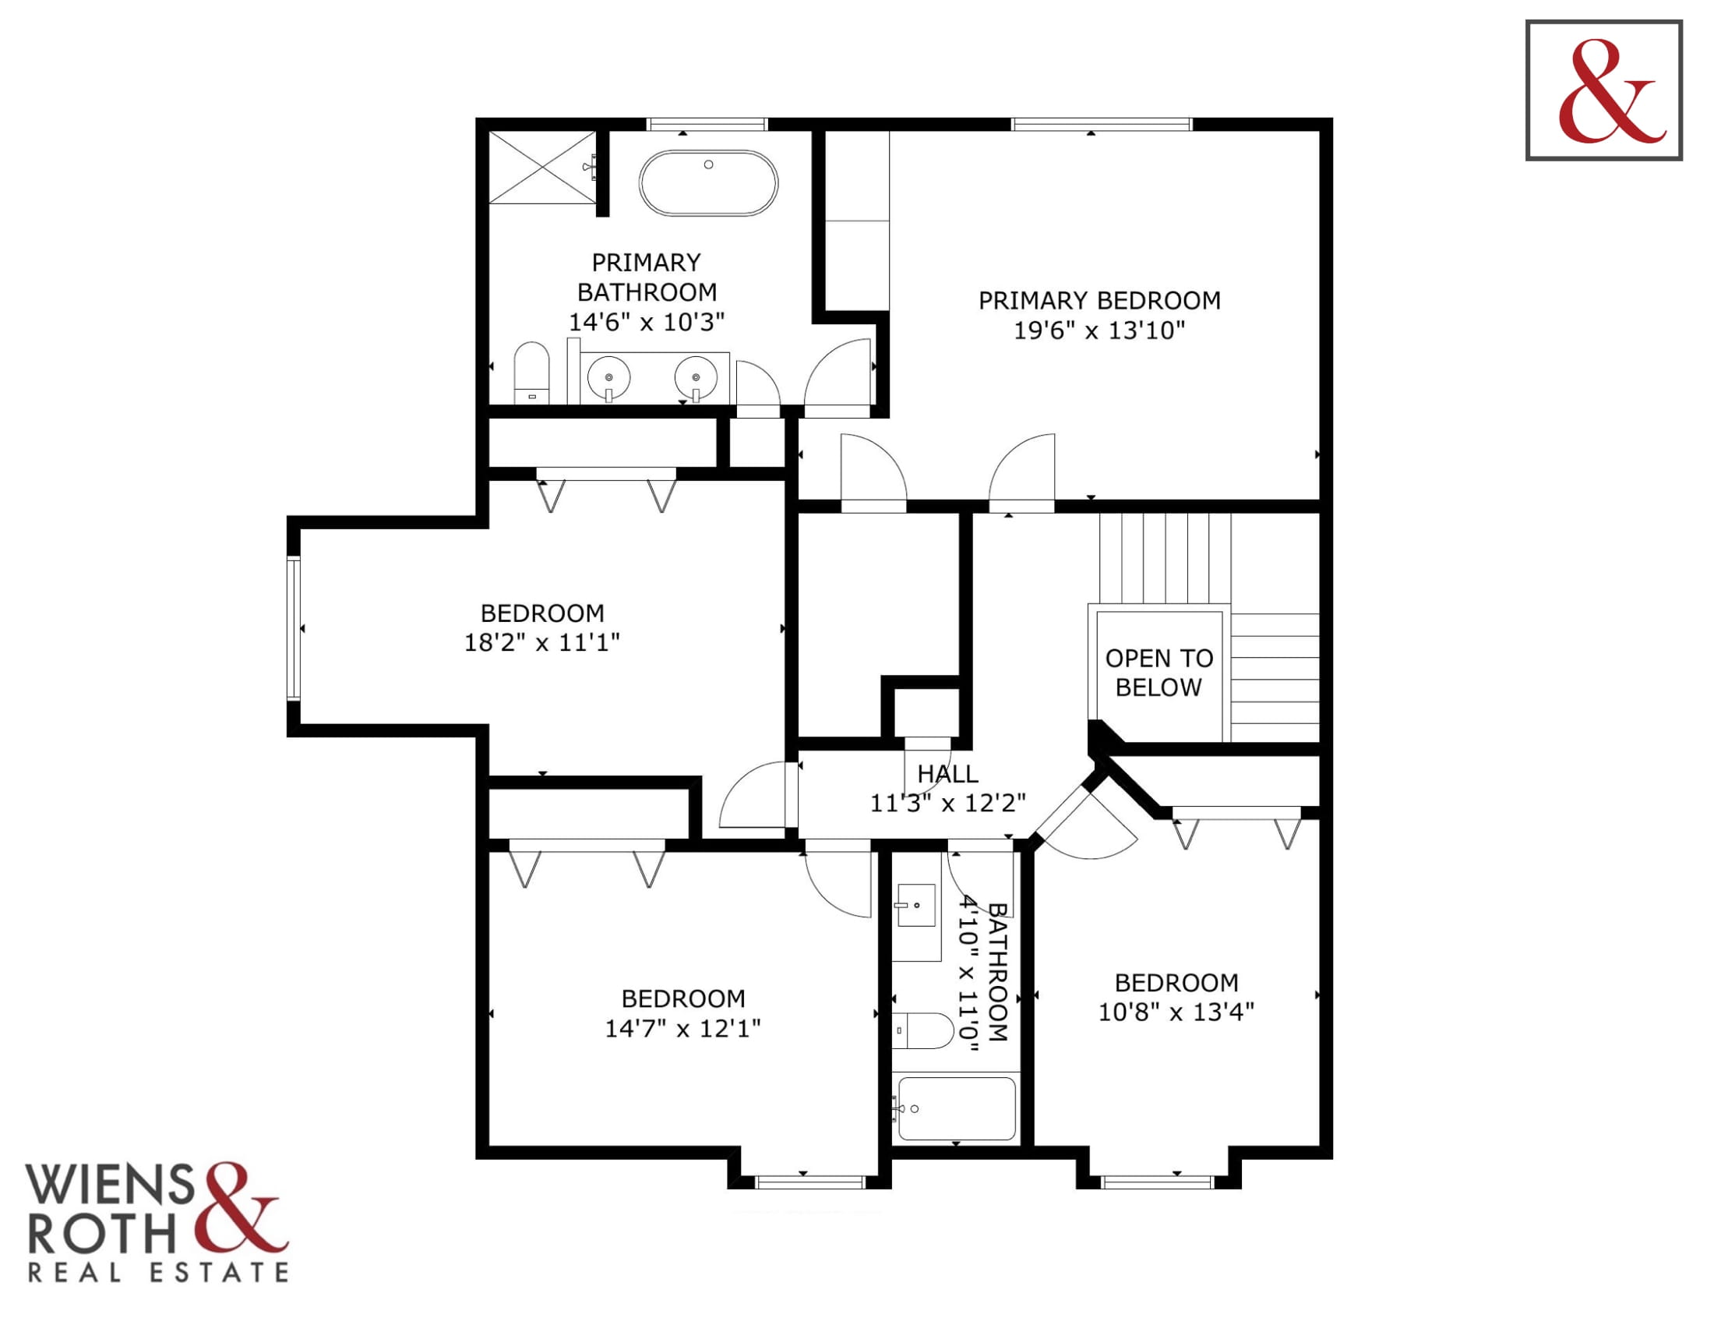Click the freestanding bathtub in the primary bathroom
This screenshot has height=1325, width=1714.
(708, 183)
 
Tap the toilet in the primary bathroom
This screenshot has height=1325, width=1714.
(531, 372)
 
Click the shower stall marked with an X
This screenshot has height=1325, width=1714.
(542, 168)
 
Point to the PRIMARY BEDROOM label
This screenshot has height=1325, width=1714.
(1099, 301)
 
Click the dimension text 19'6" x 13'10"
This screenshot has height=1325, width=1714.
(1099, 330)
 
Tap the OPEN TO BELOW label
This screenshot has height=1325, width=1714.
(1159, 673)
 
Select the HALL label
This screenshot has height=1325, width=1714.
(947, 774)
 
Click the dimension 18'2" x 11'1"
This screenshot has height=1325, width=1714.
(542, 643)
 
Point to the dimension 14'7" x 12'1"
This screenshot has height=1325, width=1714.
(682, 1028)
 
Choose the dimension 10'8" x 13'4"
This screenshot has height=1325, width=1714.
(1176, 1012)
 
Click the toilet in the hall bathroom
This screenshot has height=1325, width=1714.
(923, 1030)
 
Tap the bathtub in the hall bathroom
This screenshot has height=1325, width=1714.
(956, 1108)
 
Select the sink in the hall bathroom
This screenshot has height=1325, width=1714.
(916, 906)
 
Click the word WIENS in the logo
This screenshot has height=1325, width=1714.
(110, 1185)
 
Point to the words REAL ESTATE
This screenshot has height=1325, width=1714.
(158, 1272)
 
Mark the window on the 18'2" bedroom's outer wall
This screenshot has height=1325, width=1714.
(294, 627)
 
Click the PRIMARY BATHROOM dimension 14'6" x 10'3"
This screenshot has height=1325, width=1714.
(646, 322)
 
